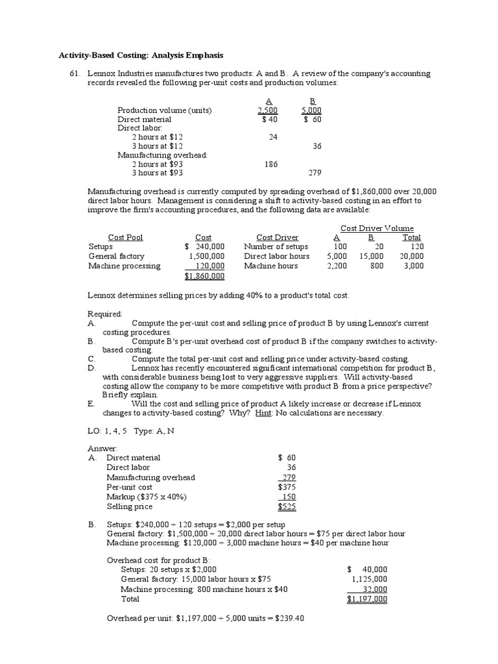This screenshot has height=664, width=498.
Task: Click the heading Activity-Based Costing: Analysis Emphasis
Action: pos(141,56)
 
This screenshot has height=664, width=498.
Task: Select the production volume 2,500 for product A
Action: pos(268,110)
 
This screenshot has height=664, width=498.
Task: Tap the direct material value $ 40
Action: pos(269,119)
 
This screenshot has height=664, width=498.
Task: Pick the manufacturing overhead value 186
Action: pos(270,164)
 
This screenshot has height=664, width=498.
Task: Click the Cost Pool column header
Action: pos(125,237)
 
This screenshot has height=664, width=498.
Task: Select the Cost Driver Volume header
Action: pos(377,228)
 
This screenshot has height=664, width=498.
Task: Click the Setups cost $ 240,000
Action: pos(204,246)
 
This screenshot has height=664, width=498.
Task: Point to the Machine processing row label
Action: pos(124,265)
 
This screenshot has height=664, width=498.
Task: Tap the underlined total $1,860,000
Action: pos(204,276)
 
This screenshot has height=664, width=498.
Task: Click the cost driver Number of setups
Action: pos(276,246)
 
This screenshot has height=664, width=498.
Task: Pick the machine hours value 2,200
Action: pos(336,265)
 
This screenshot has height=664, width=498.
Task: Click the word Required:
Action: pos(104,314)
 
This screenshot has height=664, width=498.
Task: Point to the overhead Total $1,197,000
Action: pos(367,599)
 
